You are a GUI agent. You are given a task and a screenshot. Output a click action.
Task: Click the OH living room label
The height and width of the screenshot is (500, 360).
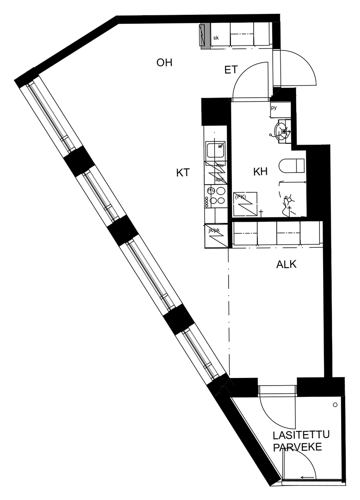[164, 63]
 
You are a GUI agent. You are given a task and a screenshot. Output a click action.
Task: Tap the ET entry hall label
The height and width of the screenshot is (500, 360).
[231, 70]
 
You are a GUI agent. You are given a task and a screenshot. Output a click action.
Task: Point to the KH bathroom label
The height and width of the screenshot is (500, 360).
[261, 172]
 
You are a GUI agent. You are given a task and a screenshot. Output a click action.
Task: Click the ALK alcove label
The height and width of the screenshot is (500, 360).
[286, 265]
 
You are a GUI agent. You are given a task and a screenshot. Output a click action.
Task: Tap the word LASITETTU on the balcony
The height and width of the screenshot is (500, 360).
[301, 436]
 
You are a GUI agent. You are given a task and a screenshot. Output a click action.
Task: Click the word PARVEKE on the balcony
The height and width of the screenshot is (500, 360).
[298, 448]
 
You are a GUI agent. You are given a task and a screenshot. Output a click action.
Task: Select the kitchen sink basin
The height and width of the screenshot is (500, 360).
[215, 149]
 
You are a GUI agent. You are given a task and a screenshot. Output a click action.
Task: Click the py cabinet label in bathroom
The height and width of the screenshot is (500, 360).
[274, 108]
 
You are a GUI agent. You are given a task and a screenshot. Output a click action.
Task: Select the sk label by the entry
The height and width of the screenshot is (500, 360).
[216, 38]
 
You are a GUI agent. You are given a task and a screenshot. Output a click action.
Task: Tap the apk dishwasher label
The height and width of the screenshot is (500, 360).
[220, 179]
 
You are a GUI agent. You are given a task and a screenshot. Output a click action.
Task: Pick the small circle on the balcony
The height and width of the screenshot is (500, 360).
[335, 405]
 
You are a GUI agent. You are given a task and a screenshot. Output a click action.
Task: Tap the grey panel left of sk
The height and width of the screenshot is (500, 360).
[205, 35]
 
